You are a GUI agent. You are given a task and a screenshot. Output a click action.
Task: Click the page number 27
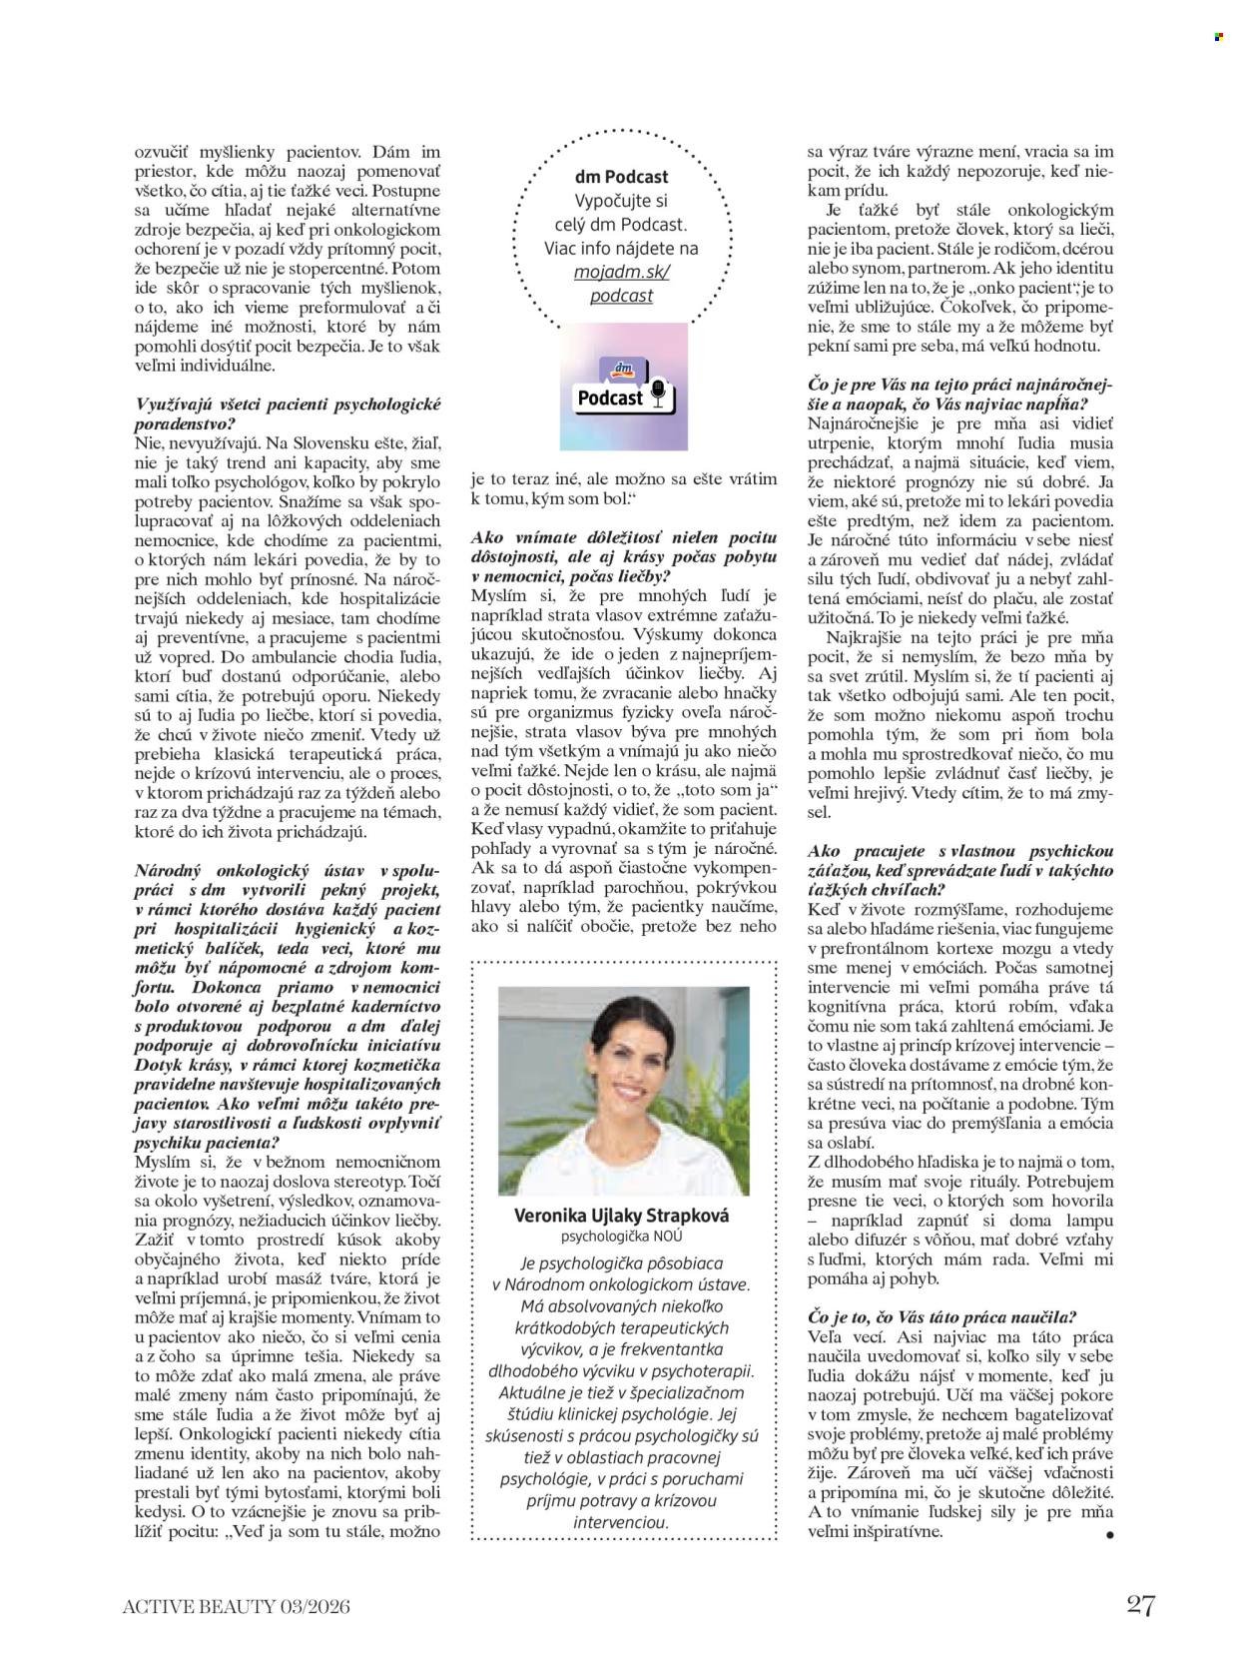click(x=1140, y=1605)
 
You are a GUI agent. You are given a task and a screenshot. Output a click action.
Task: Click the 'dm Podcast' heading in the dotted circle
click(x=621, y=178)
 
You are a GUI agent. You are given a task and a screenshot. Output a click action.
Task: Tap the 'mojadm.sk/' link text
click(x=621, y=272)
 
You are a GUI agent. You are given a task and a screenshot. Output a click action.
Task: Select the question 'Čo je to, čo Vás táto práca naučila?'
click(x=941, y=1316)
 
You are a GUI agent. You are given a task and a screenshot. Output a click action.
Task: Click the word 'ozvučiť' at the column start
click(x=161, y=153)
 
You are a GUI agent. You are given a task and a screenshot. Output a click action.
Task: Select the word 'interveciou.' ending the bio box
click(x=621, y=1523)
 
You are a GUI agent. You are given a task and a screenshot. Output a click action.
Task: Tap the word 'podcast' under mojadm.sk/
click(x=621, y=296)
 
